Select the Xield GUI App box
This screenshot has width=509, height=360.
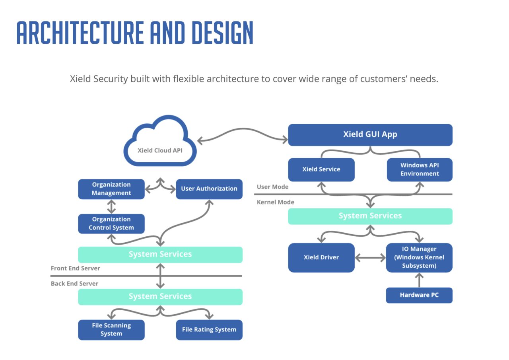370,134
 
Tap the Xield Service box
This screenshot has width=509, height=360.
321,169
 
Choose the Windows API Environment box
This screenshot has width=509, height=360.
419,169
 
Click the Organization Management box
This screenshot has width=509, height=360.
111,189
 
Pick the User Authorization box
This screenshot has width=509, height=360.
209,189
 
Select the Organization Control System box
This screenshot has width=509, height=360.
111,224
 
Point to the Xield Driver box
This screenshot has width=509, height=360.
321,257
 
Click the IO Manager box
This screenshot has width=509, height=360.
419,257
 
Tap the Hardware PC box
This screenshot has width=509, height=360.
419,295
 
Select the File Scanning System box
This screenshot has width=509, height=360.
111,330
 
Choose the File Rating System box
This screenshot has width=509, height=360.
209,330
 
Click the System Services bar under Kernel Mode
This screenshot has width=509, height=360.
370,216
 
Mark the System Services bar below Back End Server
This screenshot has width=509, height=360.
160,297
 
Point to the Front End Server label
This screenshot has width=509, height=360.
75,269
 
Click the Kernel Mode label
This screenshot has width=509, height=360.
275,202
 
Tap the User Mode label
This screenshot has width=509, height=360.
272,187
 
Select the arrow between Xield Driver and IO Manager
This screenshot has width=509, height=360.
370,258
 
